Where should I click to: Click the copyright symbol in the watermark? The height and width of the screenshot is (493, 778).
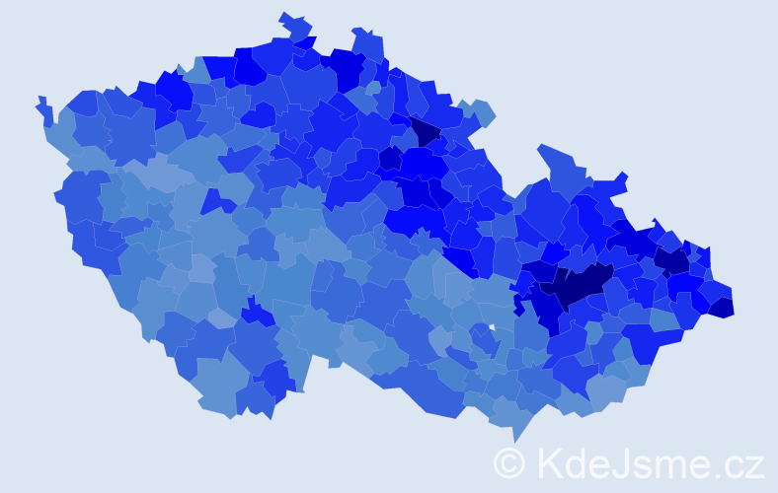click(509, 462)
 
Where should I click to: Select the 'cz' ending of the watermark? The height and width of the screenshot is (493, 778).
click(743, 463)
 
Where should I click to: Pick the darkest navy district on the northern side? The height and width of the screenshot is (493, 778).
click(425, 131)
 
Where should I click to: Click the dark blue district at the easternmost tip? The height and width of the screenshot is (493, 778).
click(722, 307)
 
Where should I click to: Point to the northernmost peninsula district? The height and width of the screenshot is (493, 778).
click(295, 25)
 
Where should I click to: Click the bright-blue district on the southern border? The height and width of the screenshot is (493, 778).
click(276, 380)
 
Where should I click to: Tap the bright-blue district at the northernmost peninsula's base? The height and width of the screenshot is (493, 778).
click(304, 43)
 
